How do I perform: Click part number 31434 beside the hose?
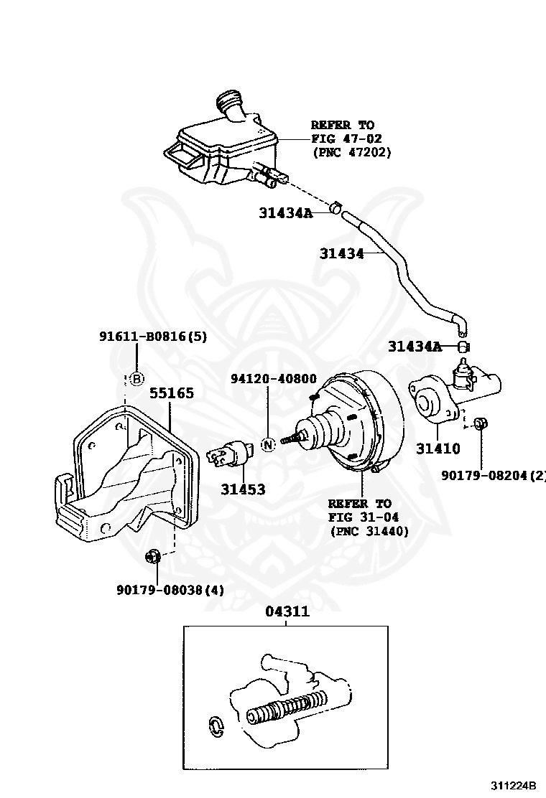click(341, 253)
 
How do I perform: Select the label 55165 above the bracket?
click(172, 393)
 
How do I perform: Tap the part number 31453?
click(243, 490)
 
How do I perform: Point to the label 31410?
click(438, 449)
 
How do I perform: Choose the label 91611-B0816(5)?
click(152, 336)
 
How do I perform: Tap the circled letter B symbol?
click(136, 378)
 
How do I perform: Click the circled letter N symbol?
click(267, 444)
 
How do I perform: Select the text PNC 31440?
click(369, 531)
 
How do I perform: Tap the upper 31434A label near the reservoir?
click(286, 212)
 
